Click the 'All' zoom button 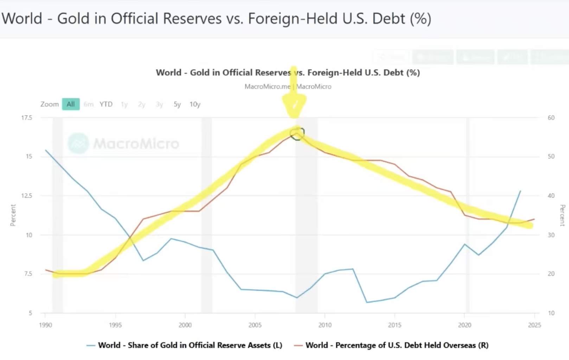71,104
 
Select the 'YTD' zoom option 106,104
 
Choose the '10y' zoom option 195,104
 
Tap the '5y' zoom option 177,104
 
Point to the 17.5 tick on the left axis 27,118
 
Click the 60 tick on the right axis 551,118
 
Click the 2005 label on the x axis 255,325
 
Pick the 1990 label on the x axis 45,325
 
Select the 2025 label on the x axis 534,325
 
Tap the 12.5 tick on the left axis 27,196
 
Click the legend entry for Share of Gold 190,345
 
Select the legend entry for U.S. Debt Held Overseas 397,345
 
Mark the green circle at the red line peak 297,134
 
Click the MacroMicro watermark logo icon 78,143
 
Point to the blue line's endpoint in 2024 520,191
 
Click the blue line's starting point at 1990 46,150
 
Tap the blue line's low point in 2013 367,302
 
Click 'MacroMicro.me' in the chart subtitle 267,86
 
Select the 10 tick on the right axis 551,313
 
